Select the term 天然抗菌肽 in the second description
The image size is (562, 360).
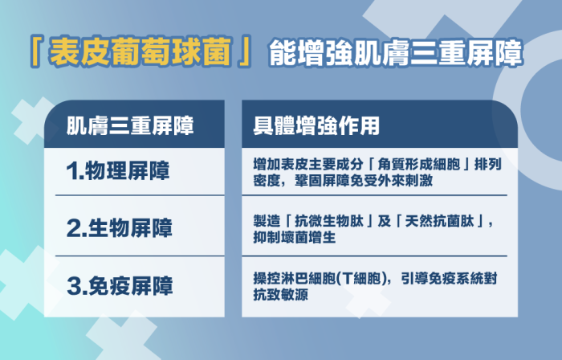pos(440,220)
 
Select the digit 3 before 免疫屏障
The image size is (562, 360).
pos(73,284)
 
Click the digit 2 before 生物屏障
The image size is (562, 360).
pos(73,227)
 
